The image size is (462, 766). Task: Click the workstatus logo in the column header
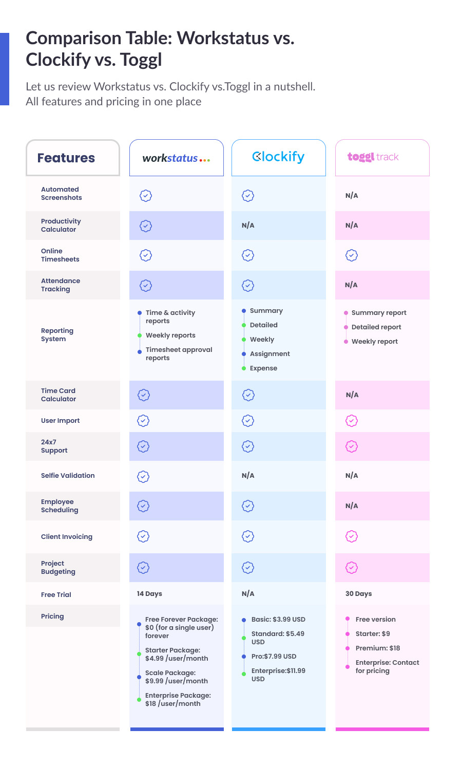click(x=176, y=158)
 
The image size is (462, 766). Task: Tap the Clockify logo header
click(x=278, y=157)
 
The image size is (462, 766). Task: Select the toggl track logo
click(x=373, y=157)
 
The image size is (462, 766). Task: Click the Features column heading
click(x=66, y=158)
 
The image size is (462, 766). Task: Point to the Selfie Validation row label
click(x=68, y=476)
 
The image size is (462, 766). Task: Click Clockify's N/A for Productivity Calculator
click(x=248, y=226)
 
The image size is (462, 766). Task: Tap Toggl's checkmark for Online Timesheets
click(x=352, y=255)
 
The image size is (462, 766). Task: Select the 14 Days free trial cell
click(x=149, y=594)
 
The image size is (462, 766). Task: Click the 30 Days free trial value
click(x=358, y=594)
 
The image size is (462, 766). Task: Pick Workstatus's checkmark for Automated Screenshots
click(x=146, y=196)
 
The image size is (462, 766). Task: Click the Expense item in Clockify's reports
click(x=263, y=368)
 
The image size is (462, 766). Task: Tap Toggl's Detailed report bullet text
click(x=376, y=327)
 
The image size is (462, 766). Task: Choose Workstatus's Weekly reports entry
click(x=170, y=335)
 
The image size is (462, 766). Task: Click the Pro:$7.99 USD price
click(x=274, y=657)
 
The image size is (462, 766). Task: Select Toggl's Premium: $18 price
click(x=377, y=648)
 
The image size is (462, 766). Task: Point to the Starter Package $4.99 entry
click(x=176, y=655)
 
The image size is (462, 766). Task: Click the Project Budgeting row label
click(x=58, y=568)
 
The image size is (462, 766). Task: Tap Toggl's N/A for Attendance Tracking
click(x=351, y=285)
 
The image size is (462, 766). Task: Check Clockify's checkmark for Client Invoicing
click(x=248, y=536)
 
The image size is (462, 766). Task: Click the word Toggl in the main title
click(x=141, y=60)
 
